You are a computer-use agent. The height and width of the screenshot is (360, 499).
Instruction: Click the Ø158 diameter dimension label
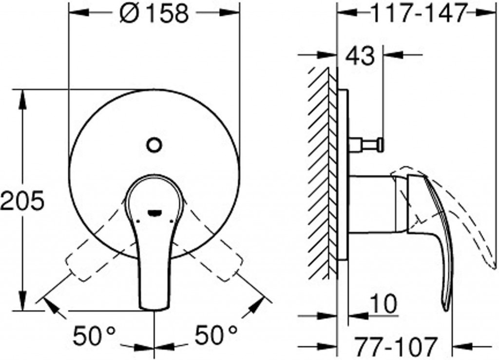[154, 14]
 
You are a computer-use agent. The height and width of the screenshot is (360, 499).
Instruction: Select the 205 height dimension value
[22, 200]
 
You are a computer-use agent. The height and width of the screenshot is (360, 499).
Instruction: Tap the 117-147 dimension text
[419, 14]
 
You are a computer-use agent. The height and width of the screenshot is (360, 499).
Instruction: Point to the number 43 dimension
[360, 57]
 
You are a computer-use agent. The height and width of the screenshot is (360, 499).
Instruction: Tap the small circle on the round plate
[154, 144]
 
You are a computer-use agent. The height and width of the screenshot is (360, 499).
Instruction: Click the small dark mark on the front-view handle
[154, 212]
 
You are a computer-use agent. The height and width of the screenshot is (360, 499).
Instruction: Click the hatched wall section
[322, 171]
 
